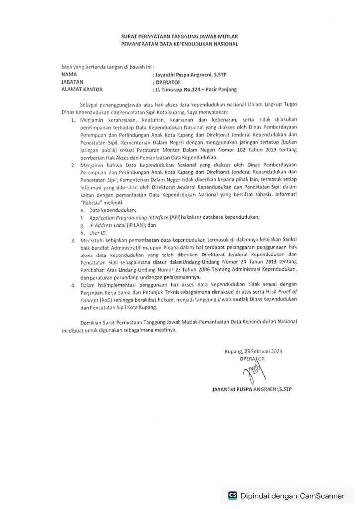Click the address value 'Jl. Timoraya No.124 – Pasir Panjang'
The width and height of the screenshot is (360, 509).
pyautogui.click(x=195, y=89)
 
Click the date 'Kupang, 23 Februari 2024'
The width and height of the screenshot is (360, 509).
pyautogui.click(x=253, y=352)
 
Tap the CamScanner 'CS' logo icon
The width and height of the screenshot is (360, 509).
pyautogui.click(x=232, y=495)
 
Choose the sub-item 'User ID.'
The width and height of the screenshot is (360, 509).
pyautogui.click(x=97, y=232)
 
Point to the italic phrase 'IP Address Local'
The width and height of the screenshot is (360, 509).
pyautogui.click(x=107, y=225)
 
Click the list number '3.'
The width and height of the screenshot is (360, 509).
pyautogui.click(x=74, y=240)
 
